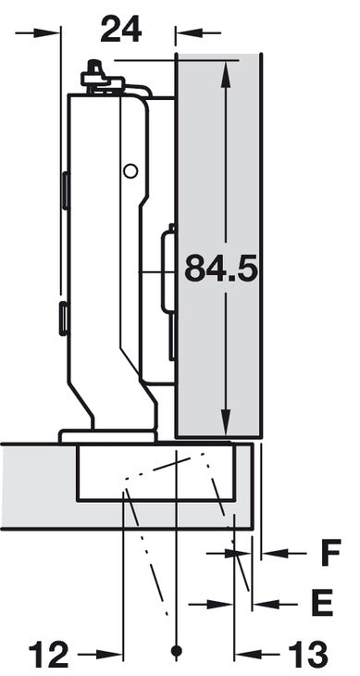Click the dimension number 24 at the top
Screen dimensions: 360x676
[121, 30]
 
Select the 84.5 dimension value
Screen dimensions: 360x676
[221, 268]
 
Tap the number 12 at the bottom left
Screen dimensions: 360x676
[49, 655]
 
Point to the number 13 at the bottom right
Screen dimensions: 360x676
[307, 655]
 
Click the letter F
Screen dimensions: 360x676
[330, 552]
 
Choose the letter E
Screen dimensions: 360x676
[322, 602]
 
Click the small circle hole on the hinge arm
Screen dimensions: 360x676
[130, 171]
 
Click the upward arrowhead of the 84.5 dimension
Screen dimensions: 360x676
[225, 74]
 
